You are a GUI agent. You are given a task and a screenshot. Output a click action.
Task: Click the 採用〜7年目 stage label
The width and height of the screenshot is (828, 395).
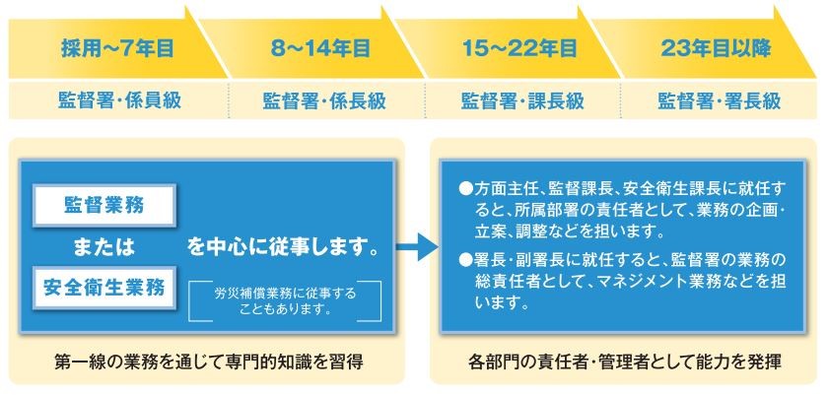117,49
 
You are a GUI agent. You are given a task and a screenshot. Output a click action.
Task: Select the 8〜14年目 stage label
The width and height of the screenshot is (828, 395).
320,49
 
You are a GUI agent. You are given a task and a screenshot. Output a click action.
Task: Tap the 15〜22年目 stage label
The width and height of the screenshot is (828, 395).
519,49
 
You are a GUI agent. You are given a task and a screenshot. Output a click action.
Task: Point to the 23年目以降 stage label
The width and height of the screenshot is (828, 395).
716,49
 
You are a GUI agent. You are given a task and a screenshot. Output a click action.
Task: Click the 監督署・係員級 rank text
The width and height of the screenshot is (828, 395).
120,100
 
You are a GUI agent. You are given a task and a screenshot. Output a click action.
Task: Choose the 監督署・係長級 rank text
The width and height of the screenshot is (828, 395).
324,100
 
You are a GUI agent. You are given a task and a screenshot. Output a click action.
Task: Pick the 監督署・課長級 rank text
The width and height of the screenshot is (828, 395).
522,100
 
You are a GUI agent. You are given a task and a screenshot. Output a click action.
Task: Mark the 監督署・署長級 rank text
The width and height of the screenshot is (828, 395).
719,100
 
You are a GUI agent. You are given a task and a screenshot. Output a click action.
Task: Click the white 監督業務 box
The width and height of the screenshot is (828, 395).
104,205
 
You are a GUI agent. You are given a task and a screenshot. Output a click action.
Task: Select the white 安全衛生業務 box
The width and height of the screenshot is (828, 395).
104,288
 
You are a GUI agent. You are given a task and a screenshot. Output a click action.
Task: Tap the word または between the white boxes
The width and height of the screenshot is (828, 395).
104,247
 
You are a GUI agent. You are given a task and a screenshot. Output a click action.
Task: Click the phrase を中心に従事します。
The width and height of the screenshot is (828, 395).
284,247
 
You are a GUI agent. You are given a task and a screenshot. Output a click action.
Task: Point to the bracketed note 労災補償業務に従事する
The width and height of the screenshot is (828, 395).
285,294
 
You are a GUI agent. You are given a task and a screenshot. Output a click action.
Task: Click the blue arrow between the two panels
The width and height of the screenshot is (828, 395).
417,245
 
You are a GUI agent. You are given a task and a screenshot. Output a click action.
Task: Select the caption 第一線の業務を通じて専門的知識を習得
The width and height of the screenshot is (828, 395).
209,362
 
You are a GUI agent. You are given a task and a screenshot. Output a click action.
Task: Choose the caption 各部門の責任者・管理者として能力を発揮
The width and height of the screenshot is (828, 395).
624,362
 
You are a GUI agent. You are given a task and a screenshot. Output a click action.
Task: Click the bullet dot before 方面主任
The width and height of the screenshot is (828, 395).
464,189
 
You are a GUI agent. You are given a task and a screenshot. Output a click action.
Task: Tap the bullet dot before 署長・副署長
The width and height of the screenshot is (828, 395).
464,259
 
